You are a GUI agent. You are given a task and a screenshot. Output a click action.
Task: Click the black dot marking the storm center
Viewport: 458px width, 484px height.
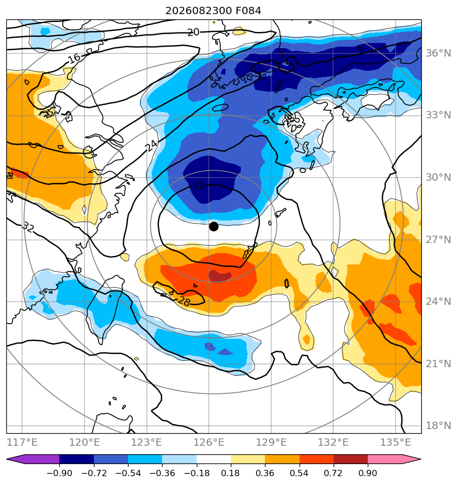tap(214, 227)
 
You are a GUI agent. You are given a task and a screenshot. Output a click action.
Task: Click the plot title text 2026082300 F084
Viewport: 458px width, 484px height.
tap(214, 11)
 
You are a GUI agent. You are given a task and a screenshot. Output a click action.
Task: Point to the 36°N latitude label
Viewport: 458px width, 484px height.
tap(438, 53)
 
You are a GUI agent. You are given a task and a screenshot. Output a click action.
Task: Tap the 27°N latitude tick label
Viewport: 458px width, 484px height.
tap(438, 239)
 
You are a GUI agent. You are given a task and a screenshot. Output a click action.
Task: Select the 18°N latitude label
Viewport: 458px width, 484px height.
tap(438, 426)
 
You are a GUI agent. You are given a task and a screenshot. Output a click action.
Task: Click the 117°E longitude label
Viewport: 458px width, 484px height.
tap(22, 442)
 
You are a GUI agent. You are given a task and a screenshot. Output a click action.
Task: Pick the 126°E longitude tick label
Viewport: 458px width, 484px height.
tap(209, 442)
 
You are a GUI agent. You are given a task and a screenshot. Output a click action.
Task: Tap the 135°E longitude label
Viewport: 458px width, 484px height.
tap(396, 442)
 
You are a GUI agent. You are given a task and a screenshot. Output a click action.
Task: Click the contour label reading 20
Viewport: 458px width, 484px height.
tap(194, 32)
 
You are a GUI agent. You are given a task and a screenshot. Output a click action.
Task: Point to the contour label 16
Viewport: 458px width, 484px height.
tap(74, 58)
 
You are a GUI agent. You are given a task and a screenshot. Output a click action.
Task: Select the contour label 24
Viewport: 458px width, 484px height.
tap(152, 146)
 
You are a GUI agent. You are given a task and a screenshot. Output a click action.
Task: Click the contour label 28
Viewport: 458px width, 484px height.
tap(184, 301)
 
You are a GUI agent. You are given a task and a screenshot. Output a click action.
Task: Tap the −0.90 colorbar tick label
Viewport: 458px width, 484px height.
tap(59, 473)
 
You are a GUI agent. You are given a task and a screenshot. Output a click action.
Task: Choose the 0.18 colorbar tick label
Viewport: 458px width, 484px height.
tap(231, 473)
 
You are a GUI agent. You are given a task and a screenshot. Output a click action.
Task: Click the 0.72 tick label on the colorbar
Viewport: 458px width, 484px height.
tap(333, 473)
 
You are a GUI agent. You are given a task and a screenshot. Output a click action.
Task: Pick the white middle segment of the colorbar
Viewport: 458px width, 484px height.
tap(214, 459)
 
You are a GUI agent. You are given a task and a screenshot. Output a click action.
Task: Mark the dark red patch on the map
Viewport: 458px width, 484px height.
tap(220, 276)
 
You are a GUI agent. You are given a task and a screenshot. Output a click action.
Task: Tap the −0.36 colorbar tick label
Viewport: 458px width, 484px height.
tap(162, 473)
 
